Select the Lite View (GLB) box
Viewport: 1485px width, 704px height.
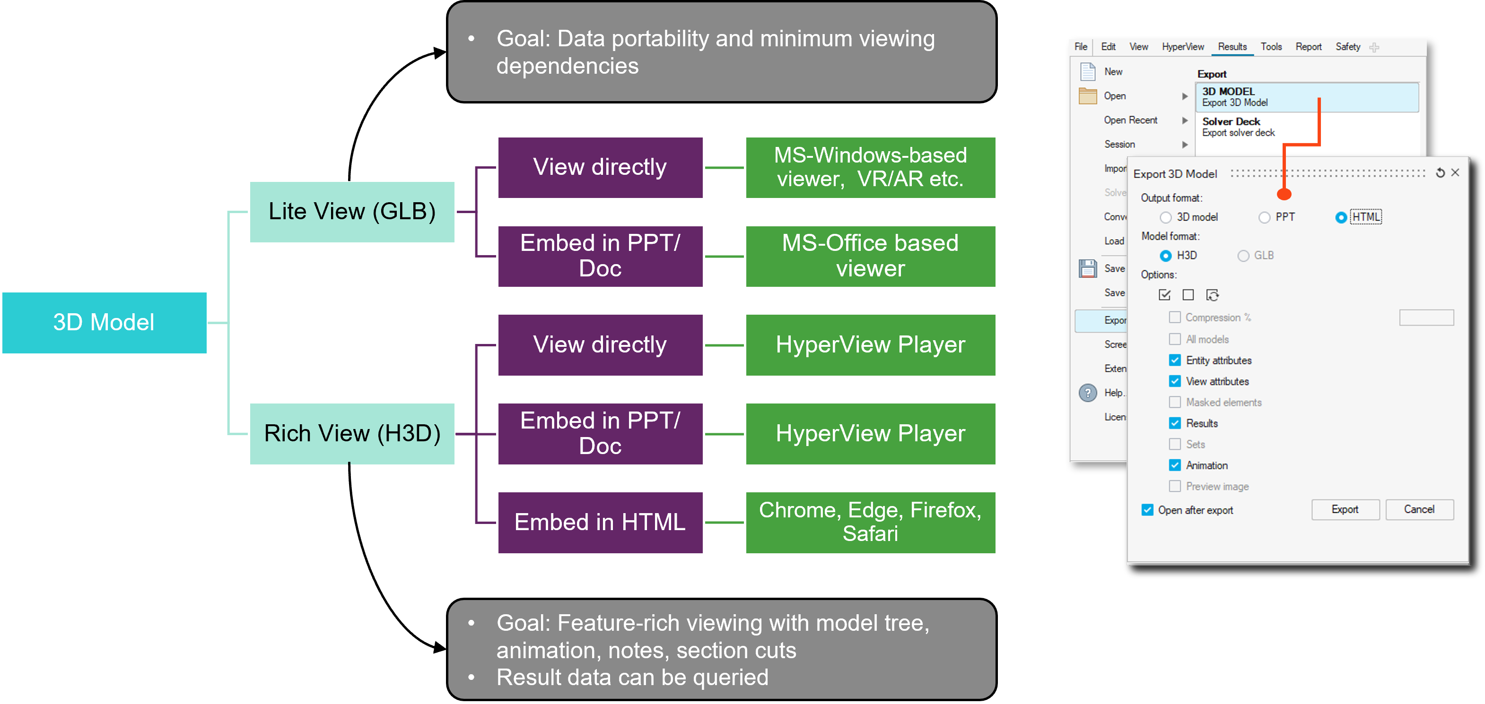352,211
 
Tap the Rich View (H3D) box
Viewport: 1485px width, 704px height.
352,433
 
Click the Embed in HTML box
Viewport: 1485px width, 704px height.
600,522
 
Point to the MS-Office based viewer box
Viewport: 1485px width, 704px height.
870,256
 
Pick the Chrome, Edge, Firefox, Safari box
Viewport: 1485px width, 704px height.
870,522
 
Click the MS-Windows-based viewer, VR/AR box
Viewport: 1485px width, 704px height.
870,167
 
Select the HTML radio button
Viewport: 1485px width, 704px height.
1341,217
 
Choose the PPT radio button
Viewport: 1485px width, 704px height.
1264,217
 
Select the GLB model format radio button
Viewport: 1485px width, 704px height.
1243,255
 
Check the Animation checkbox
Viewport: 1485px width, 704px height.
1175,465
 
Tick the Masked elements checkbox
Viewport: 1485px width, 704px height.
1175,402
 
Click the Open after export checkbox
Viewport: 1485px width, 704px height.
1148,510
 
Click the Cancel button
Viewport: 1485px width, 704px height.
1419,509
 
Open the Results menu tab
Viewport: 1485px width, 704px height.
1232,47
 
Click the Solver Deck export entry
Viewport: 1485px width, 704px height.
1238,127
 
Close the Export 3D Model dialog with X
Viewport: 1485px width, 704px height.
1455,173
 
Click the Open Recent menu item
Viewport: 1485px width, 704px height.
1130,120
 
